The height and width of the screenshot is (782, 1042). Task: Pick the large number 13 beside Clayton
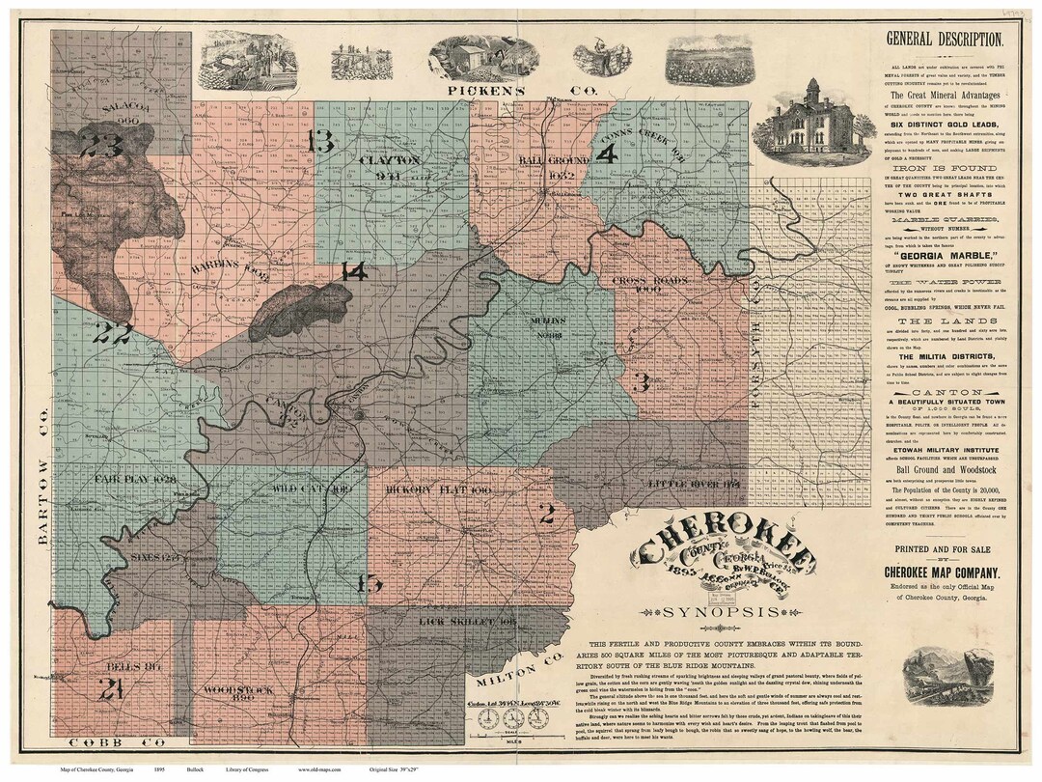(320, 141)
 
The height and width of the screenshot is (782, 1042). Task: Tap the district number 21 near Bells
(110, 688)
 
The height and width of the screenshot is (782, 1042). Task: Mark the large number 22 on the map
(112, 333)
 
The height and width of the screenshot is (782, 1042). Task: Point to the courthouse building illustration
(809, 122)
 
